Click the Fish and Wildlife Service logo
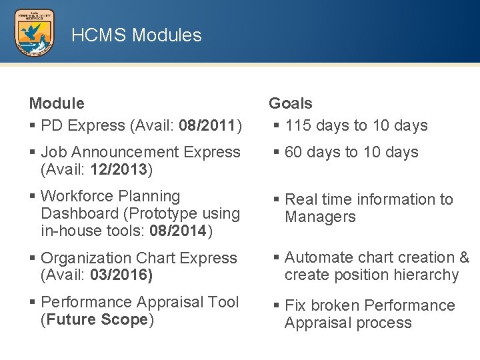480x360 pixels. click(35, 33)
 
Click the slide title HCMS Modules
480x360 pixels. click(136, 35)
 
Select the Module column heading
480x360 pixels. click(57, 103)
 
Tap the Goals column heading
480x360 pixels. click(290, 103)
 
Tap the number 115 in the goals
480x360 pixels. click(298, 125)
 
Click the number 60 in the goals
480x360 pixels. click(293, 152)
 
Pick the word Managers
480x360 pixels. click(320, 217)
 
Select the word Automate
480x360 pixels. click(317, 257)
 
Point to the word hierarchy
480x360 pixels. click(425, 275)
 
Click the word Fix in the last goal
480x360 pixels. click(294, 305)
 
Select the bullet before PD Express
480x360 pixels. click(32, 125)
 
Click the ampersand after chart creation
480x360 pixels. click(464, 257)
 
